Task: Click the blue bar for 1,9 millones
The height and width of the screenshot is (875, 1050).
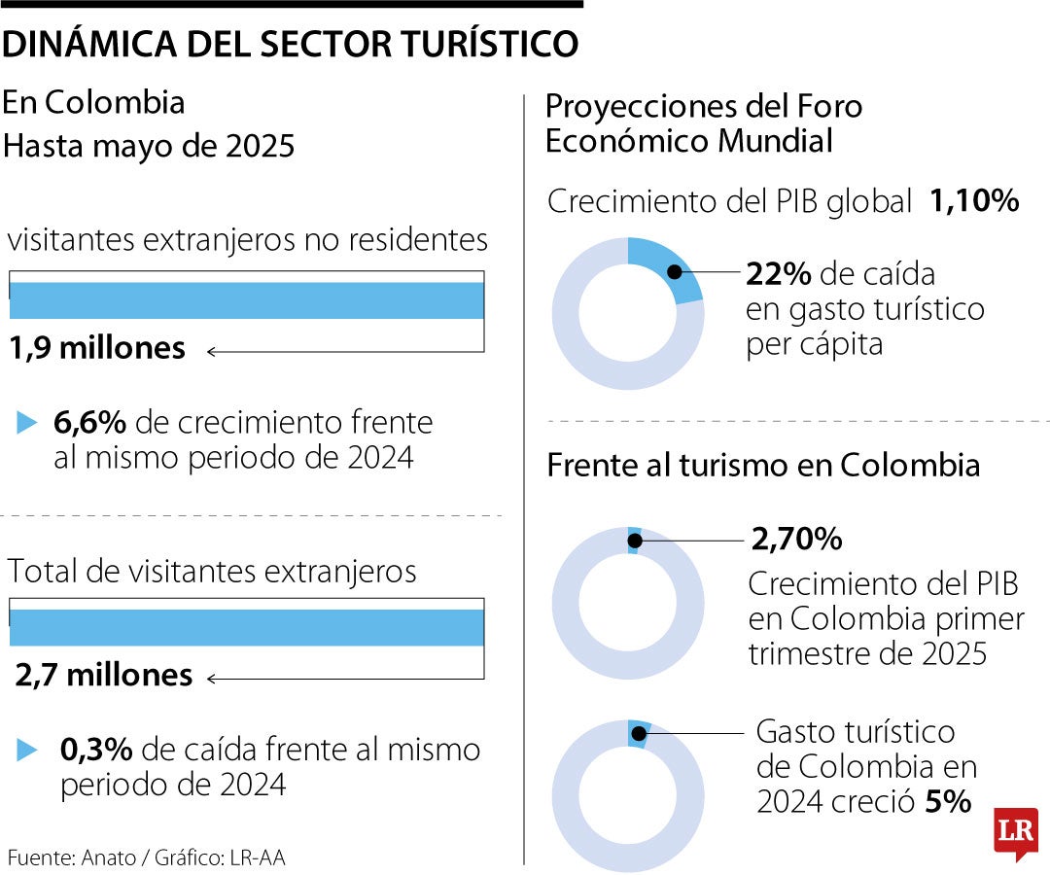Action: [246, 300]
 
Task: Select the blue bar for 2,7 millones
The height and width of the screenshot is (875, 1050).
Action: [246, 627]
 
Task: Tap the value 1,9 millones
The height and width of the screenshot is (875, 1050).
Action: [97, 348]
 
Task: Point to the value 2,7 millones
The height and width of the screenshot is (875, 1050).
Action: [103, 675]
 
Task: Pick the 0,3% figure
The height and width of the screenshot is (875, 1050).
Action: [95, 750]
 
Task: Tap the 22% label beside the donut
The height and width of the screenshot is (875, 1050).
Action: [778, 275]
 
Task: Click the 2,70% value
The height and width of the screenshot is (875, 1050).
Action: [796, 538]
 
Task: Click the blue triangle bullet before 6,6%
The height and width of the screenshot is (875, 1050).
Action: [26, 423]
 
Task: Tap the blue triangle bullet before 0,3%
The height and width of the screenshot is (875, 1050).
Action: [26, 750]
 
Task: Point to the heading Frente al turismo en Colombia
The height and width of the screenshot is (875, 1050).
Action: [763, 465]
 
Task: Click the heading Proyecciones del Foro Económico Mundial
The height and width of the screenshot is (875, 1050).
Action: [703, 122]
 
